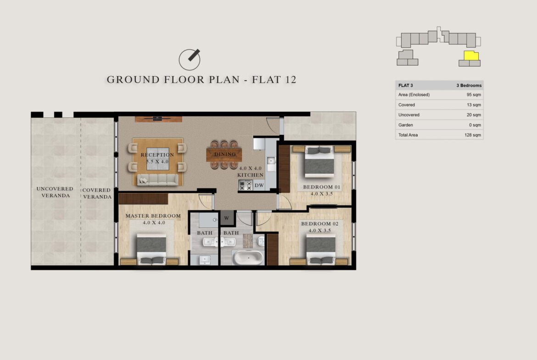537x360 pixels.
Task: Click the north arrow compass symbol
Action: click(190, 59)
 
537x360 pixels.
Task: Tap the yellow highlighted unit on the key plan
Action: click(471, 55)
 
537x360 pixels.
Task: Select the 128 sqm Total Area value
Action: click(473, 135)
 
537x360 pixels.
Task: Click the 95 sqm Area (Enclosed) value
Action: click(474, 94)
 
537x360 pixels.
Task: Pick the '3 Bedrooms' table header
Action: click(469, 85)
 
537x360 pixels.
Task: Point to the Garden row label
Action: click(405, 125)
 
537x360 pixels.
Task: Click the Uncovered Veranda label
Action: click(55, 192)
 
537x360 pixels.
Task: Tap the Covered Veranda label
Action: click(97, 194)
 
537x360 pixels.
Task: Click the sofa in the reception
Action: click(157, 180)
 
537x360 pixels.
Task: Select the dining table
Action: click(224, 155)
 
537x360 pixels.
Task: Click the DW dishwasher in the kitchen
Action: click(259, 185)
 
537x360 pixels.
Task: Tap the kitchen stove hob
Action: click(246, 185)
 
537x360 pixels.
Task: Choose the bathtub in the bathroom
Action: click(248, 257)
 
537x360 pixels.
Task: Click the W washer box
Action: click(227, 218)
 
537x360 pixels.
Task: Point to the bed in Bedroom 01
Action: click(319, 161)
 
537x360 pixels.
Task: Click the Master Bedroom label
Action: click(153, 216)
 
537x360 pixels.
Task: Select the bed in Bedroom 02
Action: click(320, 249)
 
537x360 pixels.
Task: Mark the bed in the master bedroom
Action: click(151, 249)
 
